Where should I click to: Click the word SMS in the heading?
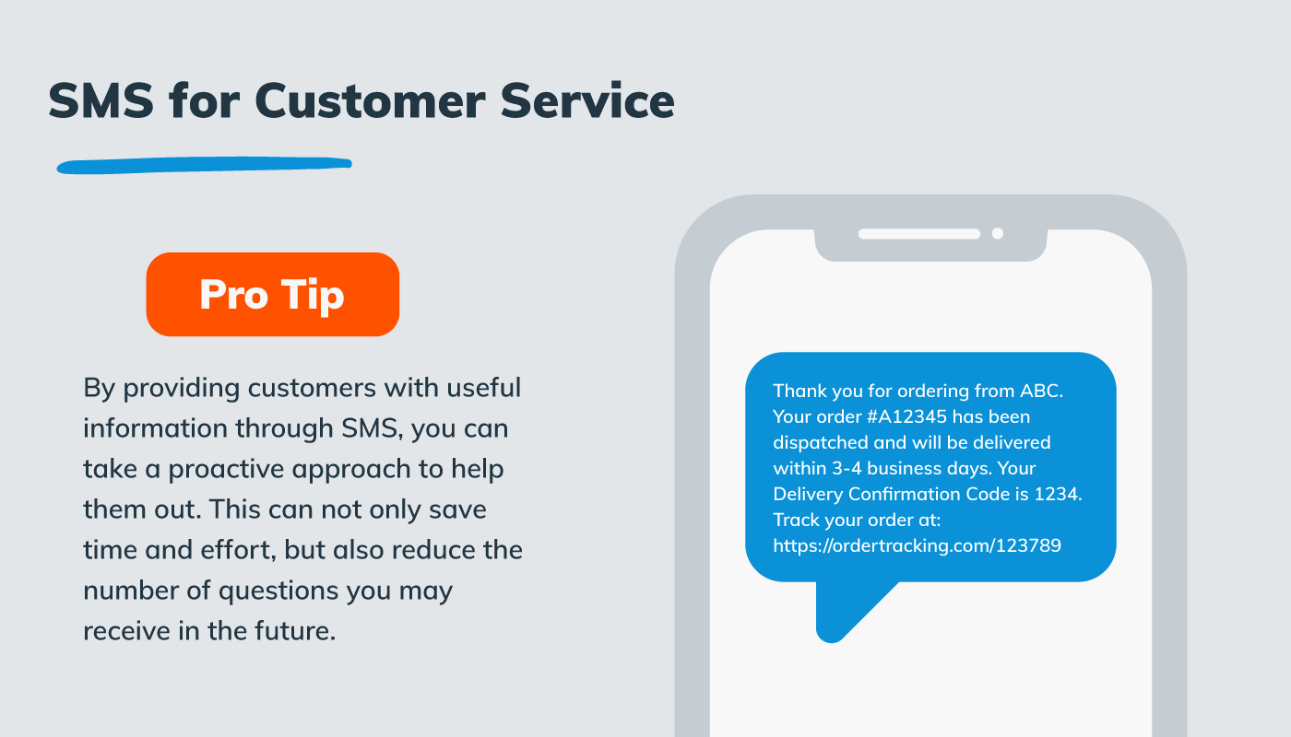101,100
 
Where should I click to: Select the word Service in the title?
587,100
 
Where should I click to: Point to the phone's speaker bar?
918,234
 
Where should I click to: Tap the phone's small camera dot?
997,234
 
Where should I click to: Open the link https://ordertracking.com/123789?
917,545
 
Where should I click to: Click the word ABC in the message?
1041,391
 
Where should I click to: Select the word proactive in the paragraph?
227,468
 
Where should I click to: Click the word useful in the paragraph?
483,387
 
